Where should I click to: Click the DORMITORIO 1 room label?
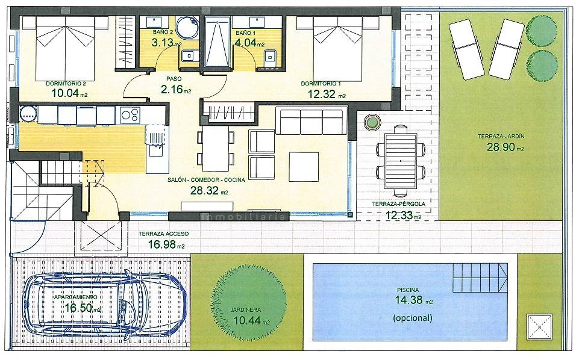click(x=321, y=84)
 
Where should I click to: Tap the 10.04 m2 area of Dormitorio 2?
click(x=69, y=93)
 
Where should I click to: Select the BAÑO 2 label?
click(x=163, y=33)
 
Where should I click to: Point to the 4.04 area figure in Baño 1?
click(x=245, y=43)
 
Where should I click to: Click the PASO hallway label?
click(x=174, y=79)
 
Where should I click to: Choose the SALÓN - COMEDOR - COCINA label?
click(x=206, y=180)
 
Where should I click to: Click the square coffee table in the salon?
click(x=304, y=167)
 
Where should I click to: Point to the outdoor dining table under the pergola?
click(x=401, y=161)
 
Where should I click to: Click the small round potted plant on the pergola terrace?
click(x=372, y=121)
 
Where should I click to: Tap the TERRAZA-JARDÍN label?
click(x=501, y=137)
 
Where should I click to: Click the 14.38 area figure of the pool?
click(x=408, y=300)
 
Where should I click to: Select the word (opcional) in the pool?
click(x=412, y=318)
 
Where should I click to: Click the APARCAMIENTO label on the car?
click(x=75, y=297)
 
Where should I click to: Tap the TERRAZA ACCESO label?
click(x=164, y=234)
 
